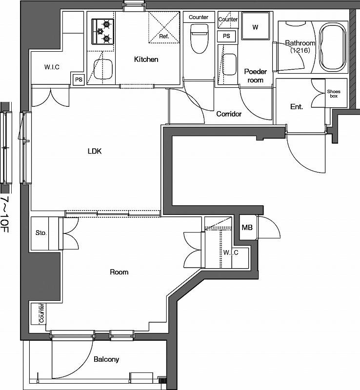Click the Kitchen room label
146,59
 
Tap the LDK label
94,151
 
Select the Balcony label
106,360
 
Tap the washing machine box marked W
255,27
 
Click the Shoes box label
334,94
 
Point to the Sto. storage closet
41,233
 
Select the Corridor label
229,114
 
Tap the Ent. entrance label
297,106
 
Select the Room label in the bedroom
119,272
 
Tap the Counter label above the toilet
199,18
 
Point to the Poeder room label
255,76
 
